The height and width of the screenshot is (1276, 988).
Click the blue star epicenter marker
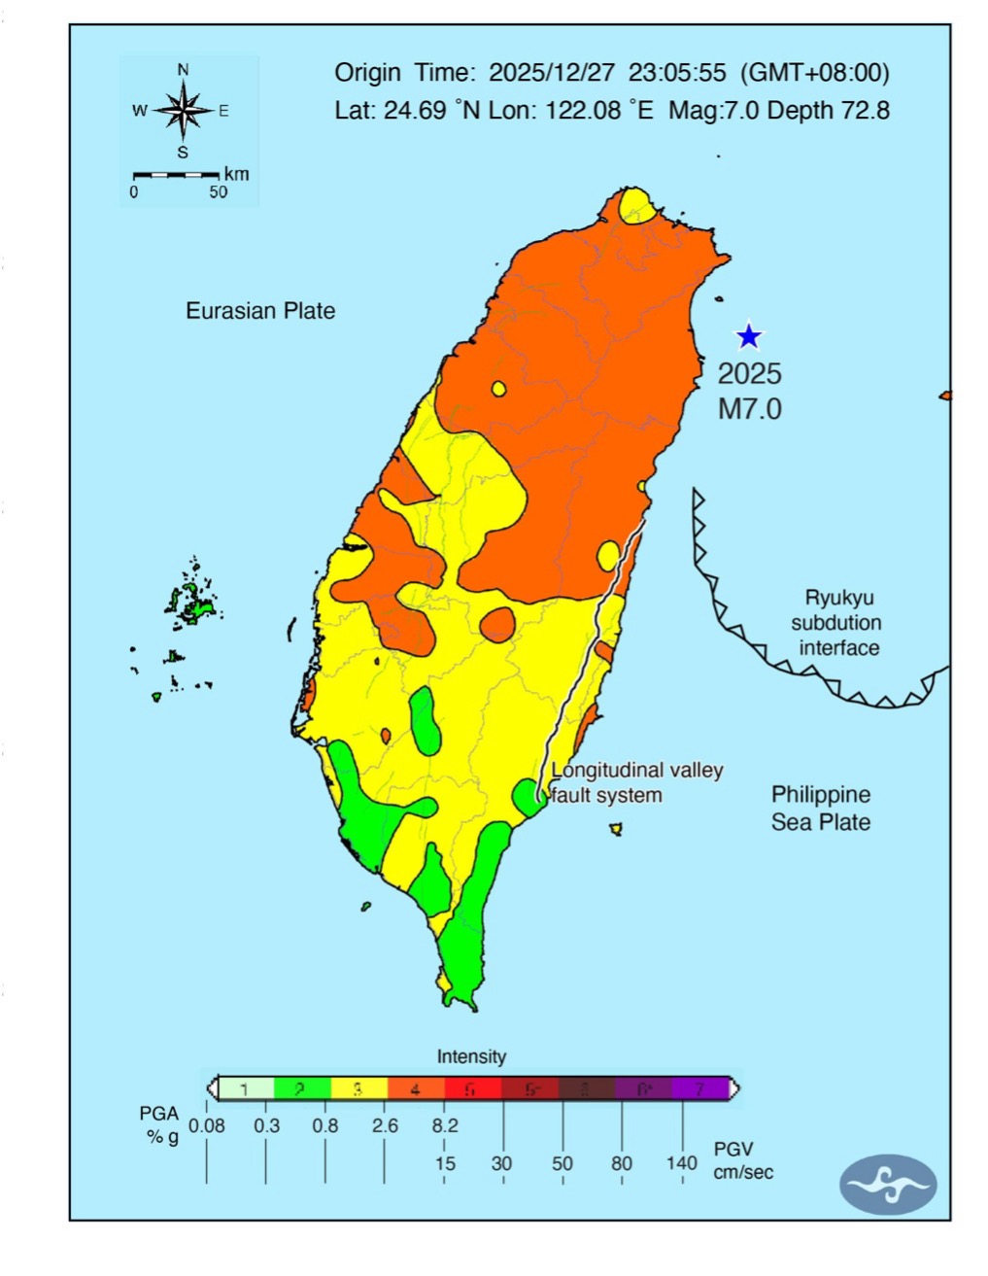(748, 336)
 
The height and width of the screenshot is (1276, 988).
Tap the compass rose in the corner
(183, 110)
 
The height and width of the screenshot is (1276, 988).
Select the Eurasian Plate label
(260, 311)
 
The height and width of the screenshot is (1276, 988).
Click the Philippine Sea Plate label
(820, 808)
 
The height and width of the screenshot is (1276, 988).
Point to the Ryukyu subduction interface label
(838, 623)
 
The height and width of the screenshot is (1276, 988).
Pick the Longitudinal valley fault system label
(636, 782)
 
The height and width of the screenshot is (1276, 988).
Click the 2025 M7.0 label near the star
(749, 391)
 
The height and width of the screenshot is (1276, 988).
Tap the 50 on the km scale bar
(219, 192)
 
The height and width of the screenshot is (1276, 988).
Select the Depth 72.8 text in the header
(828, 110)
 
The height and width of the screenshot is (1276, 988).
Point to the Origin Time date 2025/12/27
(551, 73)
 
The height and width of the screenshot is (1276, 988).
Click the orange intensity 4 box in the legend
(415, 1088)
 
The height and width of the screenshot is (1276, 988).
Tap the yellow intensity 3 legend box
(358, 1088)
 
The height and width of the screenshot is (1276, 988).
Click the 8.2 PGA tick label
(444, 1125)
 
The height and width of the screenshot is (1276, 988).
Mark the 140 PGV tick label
(682, 1162)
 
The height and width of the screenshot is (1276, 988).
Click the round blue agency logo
(887, 1185)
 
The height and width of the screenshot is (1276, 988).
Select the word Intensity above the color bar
(471, 1056)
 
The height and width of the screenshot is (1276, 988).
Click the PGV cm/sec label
(743, 1160)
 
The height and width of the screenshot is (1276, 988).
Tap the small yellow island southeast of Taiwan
(616, 829)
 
